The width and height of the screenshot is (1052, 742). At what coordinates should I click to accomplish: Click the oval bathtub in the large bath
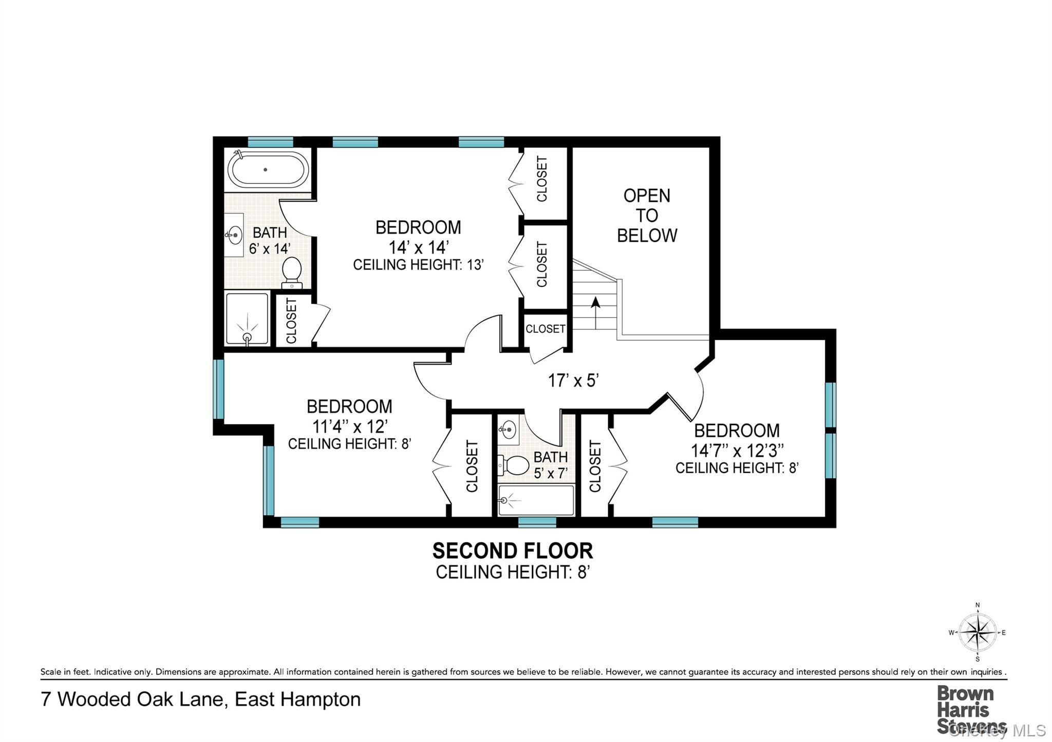coord(268,169)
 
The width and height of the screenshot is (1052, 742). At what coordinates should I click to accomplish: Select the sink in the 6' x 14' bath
coord(234,236)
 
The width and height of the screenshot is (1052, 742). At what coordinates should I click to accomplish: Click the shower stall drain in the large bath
coord(247,337)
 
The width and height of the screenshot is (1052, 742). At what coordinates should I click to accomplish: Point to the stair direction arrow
coord(595,311)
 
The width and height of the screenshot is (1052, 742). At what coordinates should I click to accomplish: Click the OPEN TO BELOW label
coord(646,216)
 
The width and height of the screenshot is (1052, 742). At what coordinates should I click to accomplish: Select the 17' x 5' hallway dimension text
coord(573,381)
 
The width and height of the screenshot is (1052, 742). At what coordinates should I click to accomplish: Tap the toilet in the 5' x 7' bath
coord(515,465)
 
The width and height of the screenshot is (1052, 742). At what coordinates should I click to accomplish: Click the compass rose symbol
coord(977,633)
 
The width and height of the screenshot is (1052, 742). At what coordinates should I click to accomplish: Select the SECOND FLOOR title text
coord(512,551)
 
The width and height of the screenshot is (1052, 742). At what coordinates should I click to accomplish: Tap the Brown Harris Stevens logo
coord(966,710)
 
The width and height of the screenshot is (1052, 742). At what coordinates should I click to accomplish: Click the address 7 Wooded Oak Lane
coord(200,699)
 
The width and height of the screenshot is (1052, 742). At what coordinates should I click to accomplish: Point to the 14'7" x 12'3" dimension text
coord(737,451)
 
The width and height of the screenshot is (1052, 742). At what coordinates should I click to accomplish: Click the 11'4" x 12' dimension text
coord(349,426)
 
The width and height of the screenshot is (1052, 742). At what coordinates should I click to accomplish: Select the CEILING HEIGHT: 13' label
coord(418,265)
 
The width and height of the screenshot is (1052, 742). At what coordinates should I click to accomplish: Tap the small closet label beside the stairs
coord(545,329)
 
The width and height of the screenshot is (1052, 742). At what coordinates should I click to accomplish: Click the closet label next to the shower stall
coord(291,321)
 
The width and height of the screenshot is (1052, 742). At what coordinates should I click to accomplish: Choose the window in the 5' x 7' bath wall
coord(537,522)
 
